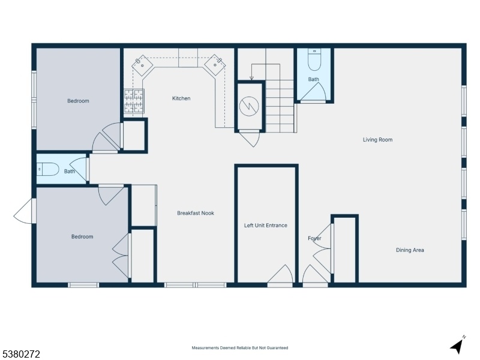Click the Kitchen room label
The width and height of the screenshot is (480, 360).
pos(181,98)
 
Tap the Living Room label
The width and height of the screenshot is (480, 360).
pos(377,140)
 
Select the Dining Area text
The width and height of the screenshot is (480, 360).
pos(410,250)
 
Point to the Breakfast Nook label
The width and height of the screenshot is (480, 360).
pos(196,213)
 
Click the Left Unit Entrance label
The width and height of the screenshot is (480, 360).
pos(266,226)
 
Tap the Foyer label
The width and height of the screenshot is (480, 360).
pos(314,238)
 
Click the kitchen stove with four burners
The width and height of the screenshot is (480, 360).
pos(134,101)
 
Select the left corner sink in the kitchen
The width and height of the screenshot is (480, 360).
pos(142,65)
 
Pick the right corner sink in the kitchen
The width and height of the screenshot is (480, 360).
pos(215,65)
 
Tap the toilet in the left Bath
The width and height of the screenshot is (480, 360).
pos(48,169)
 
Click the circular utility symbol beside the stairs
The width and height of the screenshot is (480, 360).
pos(249,106)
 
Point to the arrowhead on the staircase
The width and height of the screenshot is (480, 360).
pos(251,79)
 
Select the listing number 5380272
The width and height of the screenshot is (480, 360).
pos(20,354)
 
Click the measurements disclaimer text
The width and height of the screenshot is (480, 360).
pos(239,348)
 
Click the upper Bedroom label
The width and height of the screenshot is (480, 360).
pos(78,101)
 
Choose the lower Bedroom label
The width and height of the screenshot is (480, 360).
pos(82,236)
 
